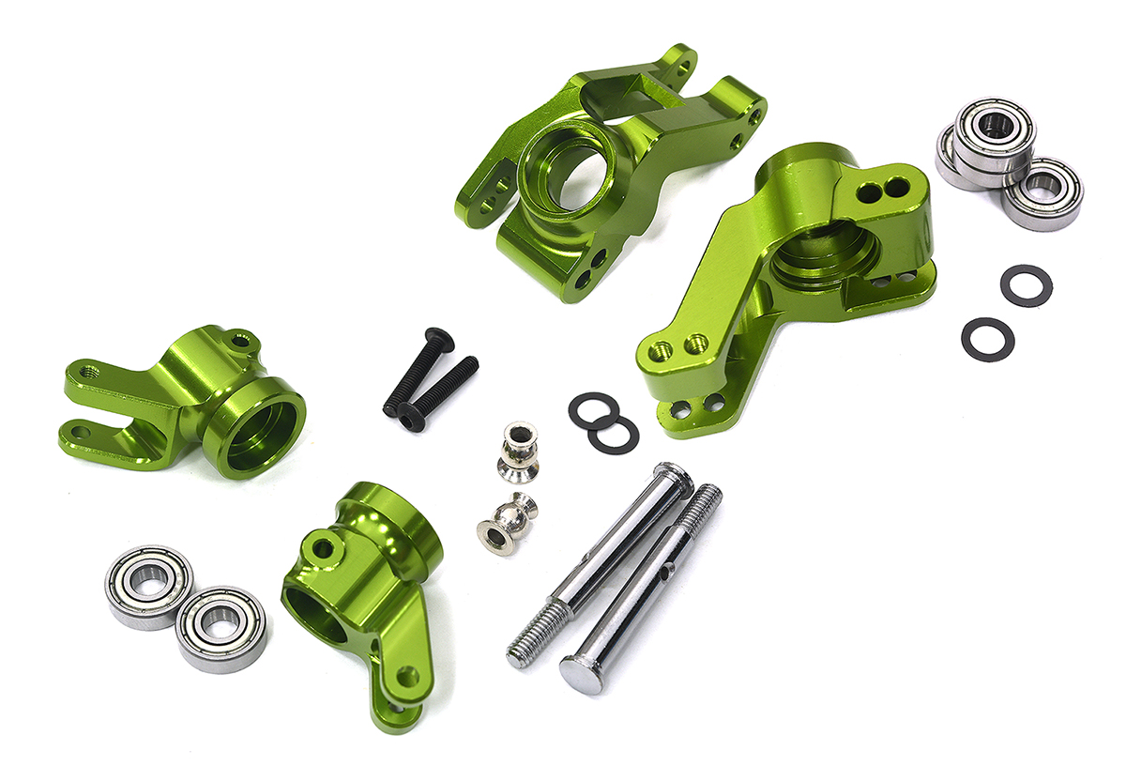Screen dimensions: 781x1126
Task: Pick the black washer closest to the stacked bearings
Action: (1026, 284)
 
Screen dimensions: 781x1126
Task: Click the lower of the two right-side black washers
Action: (988, 338)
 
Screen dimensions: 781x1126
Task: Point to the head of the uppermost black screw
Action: (434, 337)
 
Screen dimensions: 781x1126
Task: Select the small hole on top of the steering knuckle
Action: (322, 545)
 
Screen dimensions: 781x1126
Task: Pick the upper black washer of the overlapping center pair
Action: (592, 409)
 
